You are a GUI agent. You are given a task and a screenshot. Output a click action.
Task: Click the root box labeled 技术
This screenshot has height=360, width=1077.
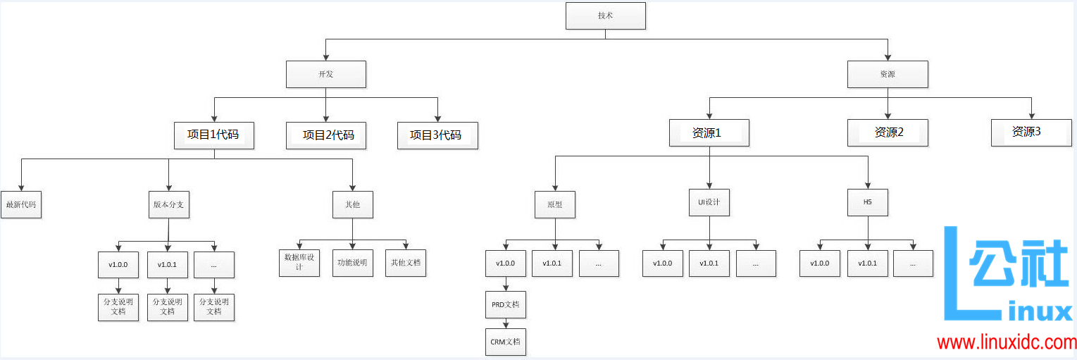[x=605, y=15]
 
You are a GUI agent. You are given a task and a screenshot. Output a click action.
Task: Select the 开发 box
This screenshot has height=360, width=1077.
[x=325, y=74]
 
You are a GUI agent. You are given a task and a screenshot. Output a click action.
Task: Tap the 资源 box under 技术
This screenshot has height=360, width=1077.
[x=888, y=74]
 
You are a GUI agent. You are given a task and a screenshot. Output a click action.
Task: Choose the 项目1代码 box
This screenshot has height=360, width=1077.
[x=214, y=135]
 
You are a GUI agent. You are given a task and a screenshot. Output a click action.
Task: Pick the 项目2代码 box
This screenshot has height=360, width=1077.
[x=326, y=135]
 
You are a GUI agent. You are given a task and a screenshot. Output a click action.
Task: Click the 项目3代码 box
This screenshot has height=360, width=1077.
[x=437, y=135]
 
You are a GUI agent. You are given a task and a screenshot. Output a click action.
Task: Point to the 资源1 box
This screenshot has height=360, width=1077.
[x=709, y=132]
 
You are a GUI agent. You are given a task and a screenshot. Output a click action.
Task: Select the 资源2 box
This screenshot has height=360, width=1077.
[x=888, y=132]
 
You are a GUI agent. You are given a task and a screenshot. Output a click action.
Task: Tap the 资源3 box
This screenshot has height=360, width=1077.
[x=1031, y=132]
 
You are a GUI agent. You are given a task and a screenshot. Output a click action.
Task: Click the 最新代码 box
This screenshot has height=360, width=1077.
[x=21, y=205]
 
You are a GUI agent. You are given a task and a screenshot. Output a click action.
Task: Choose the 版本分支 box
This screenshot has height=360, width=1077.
[x=169, y=205]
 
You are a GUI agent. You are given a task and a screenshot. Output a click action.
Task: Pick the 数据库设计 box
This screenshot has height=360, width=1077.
[x=299, y=263]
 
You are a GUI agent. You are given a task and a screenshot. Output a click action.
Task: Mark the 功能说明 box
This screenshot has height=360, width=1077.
[x=352, y=263]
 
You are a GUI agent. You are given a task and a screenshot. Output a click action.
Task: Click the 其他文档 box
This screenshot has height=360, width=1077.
[x=406, y=263]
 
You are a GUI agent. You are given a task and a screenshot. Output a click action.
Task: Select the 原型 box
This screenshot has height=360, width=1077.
[x=555, y=205]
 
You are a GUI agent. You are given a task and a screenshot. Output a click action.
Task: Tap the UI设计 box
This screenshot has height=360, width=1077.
[x=709, y=203]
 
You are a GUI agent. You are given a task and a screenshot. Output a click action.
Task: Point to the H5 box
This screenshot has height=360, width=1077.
[x=868, y=203]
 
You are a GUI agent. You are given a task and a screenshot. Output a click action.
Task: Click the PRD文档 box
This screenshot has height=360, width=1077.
[x=505, y=305]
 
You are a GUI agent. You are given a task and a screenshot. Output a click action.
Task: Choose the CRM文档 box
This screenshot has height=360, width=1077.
[x=505, y=342]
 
